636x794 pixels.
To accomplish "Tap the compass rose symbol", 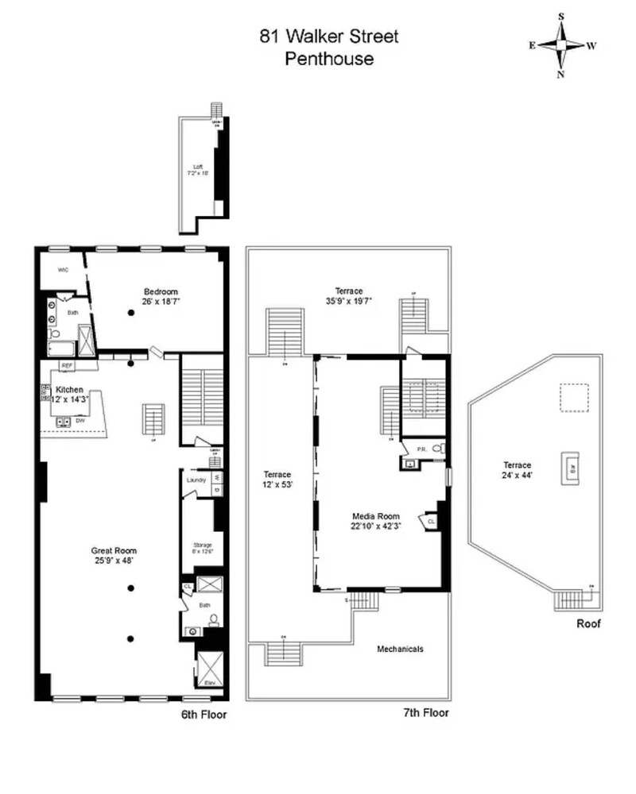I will (x=562, y=45).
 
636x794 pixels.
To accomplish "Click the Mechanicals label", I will (x=400, y=649).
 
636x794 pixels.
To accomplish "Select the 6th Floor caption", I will (x=204, y=715).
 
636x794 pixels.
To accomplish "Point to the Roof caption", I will (x=589, y=624).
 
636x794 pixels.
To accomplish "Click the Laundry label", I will (x=196, y=480).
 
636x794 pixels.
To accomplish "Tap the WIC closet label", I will (x=63, y=270).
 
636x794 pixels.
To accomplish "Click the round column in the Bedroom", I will (x=132, y=314).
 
